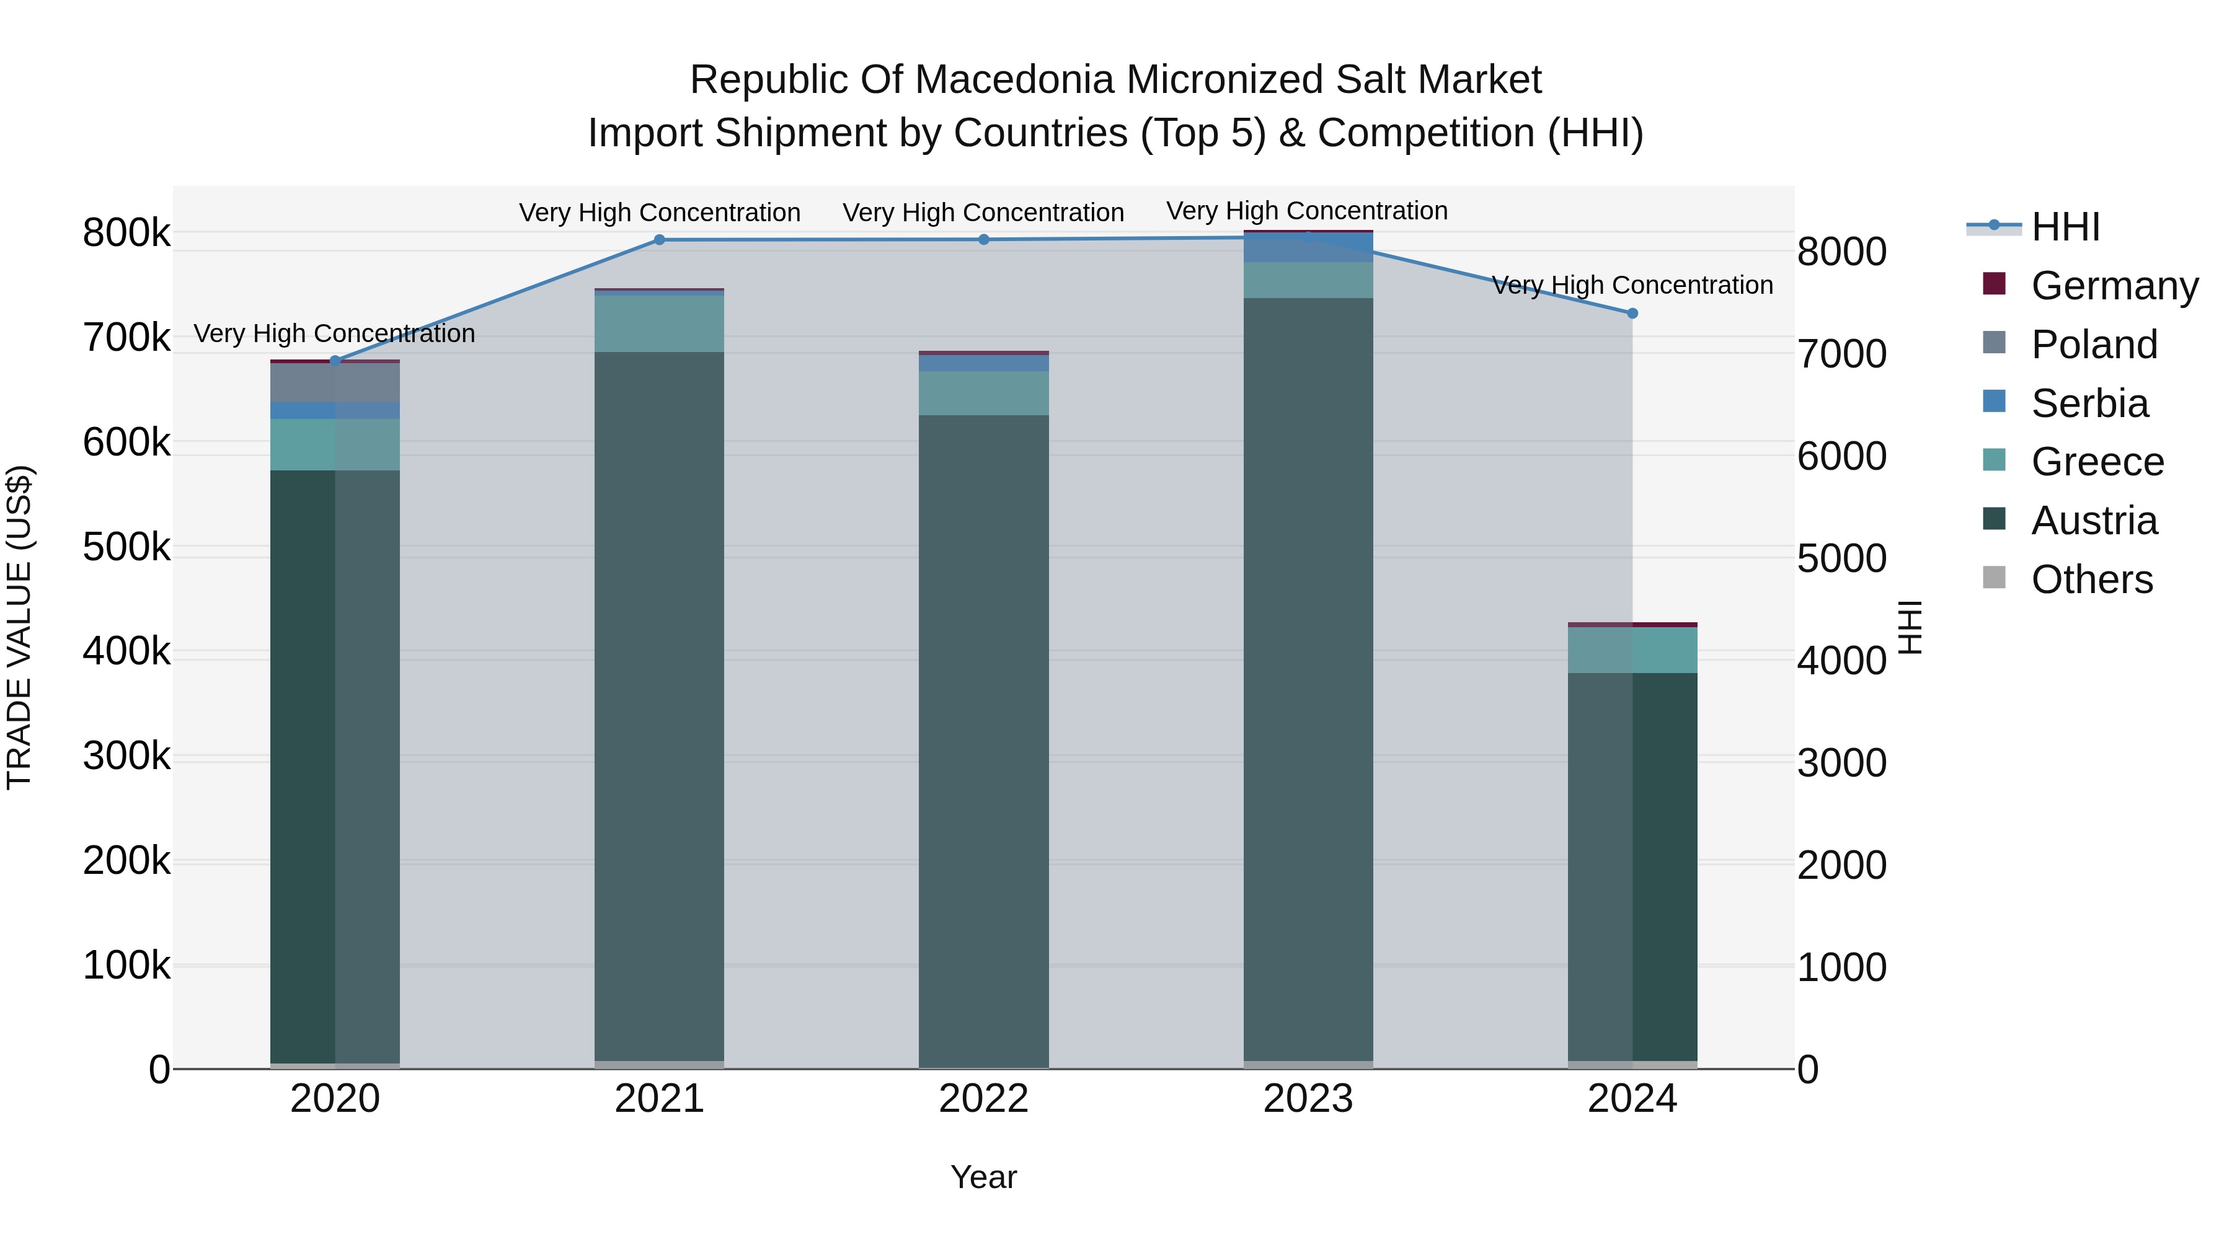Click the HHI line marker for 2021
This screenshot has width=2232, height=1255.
pos(660,240)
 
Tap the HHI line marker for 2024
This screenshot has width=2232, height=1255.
pos(1632,314)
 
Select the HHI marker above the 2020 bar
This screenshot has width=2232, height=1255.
pos(335,360)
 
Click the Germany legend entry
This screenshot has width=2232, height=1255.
pos(2114,285)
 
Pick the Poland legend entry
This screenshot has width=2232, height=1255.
pos(2093,344)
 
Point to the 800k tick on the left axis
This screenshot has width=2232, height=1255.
pos(126,233)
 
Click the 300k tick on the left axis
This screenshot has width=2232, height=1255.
pos(126,756)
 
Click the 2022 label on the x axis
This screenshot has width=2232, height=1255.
pos(983,1099)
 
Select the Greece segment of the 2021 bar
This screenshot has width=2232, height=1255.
pos(660,324)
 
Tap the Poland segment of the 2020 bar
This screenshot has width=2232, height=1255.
pos(335,383)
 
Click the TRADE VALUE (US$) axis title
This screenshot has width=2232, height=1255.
pos(19,627)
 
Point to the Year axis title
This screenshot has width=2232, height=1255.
pos(983,1177)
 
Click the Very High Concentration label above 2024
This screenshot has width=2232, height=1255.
pos(1632,285)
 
